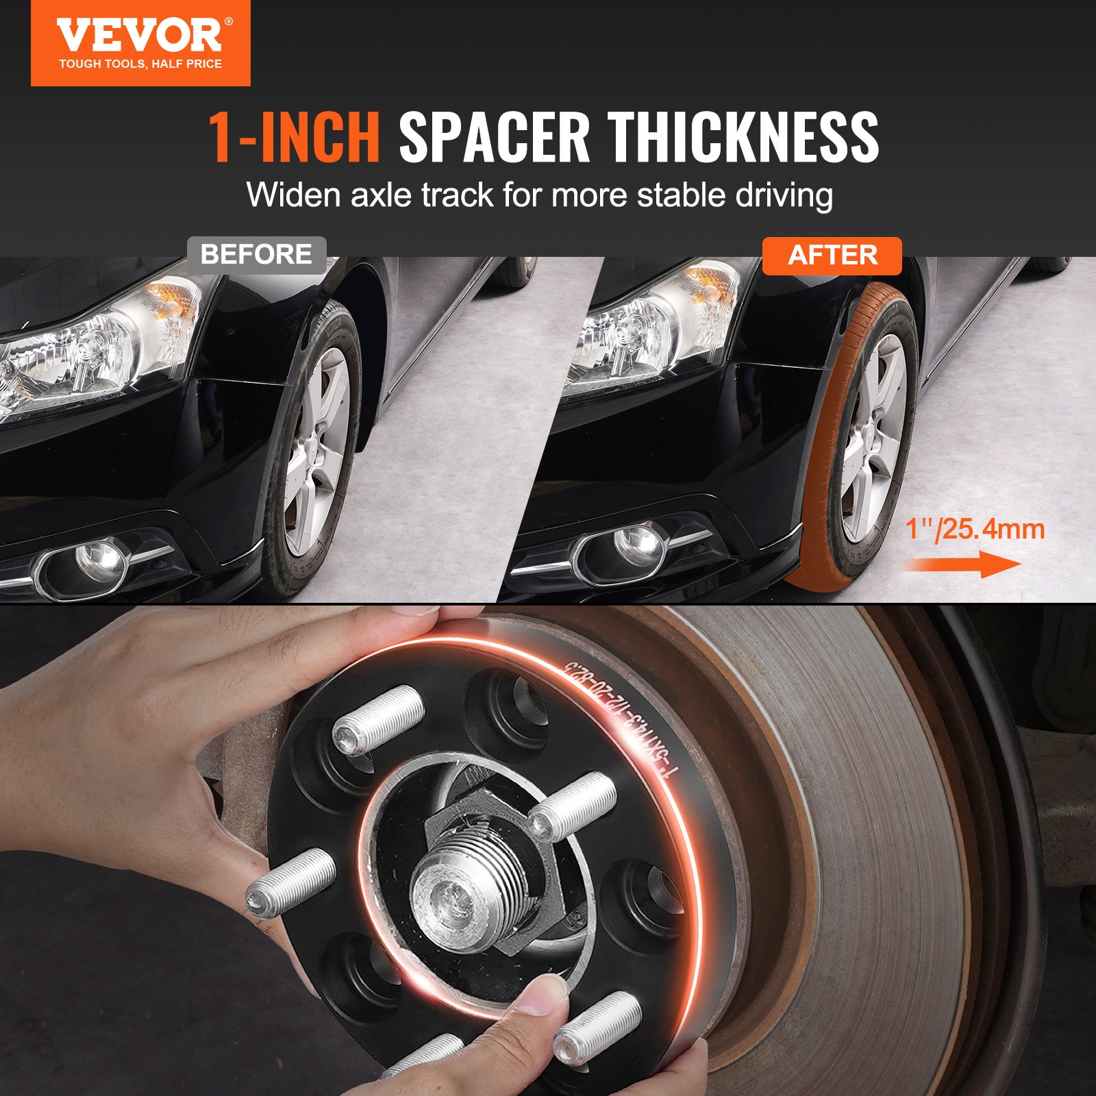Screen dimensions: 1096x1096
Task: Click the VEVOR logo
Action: click(140, 36)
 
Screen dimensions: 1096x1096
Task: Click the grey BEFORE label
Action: click(256, 255)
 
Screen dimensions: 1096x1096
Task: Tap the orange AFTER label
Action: click(832, 256)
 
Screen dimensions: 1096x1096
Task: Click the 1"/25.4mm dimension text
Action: click(975, 530)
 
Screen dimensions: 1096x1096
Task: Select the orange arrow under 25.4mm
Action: click(962, 565)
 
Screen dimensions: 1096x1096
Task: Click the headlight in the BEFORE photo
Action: click(96, 349)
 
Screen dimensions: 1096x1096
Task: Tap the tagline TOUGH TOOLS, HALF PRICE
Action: click(140, 64)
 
